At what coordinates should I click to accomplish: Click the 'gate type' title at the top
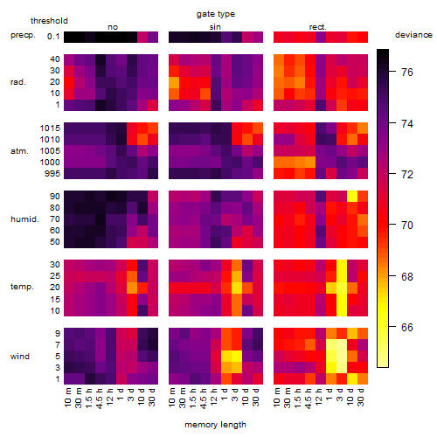(216, 14)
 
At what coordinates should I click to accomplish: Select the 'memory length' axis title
(215, 425)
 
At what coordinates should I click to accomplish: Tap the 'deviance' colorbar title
(413, 35)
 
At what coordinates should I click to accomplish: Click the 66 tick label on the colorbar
(407, 328)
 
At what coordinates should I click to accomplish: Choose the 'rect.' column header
(318, 27)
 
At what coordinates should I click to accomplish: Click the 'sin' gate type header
(215, 27)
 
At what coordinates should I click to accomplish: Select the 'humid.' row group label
(24, 219)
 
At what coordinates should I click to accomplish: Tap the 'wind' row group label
(20, 357)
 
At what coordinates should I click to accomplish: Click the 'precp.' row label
(23, 35)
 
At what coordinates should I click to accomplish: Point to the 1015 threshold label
(50, 128)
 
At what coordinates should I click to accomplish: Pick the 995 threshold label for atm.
(52, 174)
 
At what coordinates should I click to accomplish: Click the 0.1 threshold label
(53, 37)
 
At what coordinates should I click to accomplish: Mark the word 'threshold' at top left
(49, 21)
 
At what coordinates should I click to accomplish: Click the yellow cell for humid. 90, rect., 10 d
(352, 197)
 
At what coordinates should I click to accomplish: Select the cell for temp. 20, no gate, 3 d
(132, 288)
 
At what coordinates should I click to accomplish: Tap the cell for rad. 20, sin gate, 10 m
(174, 82)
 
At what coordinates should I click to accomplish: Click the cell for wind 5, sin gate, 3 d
(237, 356)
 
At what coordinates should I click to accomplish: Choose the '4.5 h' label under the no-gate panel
(99, 398)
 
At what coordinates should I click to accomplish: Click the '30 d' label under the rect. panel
(361, 397)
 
